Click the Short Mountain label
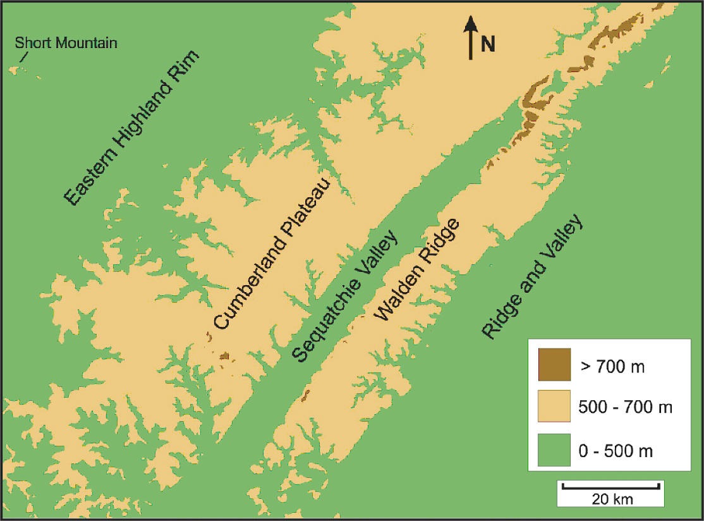66,43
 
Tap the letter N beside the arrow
487,44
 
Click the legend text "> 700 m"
611,366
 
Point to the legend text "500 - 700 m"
625,408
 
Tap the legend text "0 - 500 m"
616,451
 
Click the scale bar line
610,486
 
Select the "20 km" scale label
612,499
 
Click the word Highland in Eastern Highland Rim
136,125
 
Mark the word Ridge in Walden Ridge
442,240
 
